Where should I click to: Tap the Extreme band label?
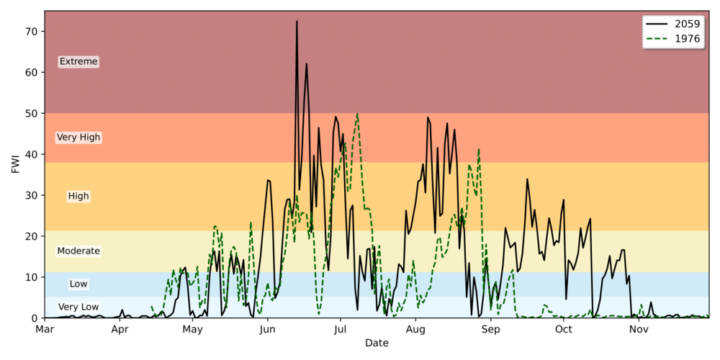click(x=78, y=62)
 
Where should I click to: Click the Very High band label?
click(x=78, y=138)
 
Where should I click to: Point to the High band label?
click(x=78, y=196)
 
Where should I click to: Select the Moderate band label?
click(x=78, y=251)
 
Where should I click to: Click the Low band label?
click(x=78, y=284)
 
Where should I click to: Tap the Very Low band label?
click(x=78, y=307)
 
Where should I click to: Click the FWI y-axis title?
click(x=16, y=164)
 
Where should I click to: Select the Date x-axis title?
click(x=377, y=343)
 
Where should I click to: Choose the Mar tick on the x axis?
click(x=45, y=329)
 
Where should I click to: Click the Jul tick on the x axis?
click(x=341, y=329)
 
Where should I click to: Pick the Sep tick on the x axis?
click(x=490, y=329)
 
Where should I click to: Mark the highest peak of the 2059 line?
click(x=297, y=22)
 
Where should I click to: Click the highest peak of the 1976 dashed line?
click(x=357, y=114)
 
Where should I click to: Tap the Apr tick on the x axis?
click(x=120, y=329)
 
